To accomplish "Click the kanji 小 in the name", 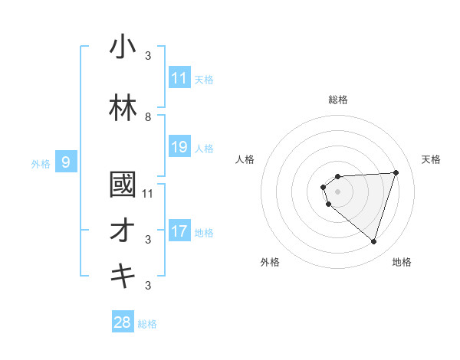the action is (123, 47).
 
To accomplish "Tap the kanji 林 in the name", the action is (123, 109).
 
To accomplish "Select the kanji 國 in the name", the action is (123, 186).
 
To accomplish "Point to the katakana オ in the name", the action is (123, 231).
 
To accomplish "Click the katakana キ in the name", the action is (123, 277).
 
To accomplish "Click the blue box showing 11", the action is (179, 78).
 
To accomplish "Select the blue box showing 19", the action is (179, 147).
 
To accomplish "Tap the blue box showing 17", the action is (179, 231).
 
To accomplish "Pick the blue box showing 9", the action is (66, 162).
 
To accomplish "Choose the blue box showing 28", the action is (123, 322).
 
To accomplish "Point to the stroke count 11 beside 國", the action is (148, 193).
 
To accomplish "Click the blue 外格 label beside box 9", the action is (41, 163).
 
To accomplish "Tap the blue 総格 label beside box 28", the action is (147, 323).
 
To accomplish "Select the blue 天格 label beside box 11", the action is (204, 79).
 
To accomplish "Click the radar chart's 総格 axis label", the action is (337, 100).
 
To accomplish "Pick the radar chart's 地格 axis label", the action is (402, 263).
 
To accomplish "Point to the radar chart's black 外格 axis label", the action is (270, 263).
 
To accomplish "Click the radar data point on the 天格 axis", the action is (396, 172).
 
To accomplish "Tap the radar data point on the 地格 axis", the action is (373, 242).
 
